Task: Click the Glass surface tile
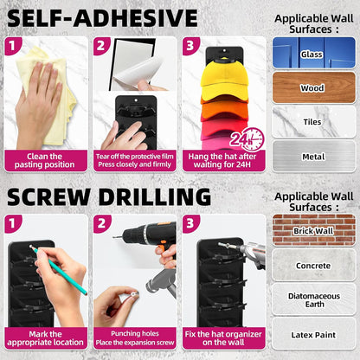pos(314,53)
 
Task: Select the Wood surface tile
pos(314,87)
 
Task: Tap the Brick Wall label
pos(313,231)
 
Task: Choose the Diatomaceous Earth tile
pos(314,299)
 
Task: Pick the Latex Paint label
pos(313,335)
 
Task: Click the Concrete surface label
pos(313,266)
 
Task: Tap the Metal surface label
pos(313,157)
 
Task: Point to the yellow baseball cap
pos(224,80)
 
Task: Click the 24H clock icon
pos(247,140)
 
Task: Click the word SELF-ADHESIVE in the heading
pos(102,18)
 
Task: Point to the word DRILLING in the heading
pos(155,197)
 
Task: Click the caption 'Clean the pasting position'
pos(45,160)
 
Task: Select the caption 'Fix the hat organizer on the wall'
pos(223,338)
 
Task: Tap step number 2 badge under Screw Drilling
pos(101,223)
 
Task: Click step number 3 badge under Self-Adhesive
pos(190,45)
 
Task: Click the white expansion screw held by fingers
pos(134,294)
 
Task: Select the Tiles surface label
pos(312,122)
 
